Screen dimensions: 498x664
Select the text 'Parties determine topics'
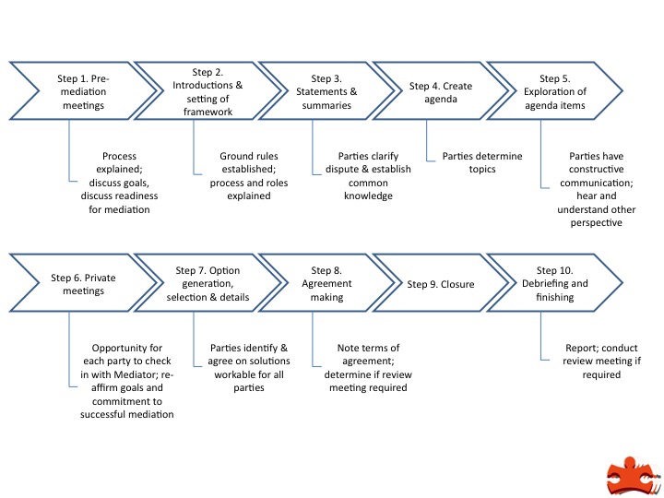pos(481,163)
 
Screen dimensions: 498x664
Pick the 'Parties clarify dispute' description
pos(362,176)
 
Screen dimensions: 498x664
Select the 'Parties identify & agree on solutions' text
pos(245,368)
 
